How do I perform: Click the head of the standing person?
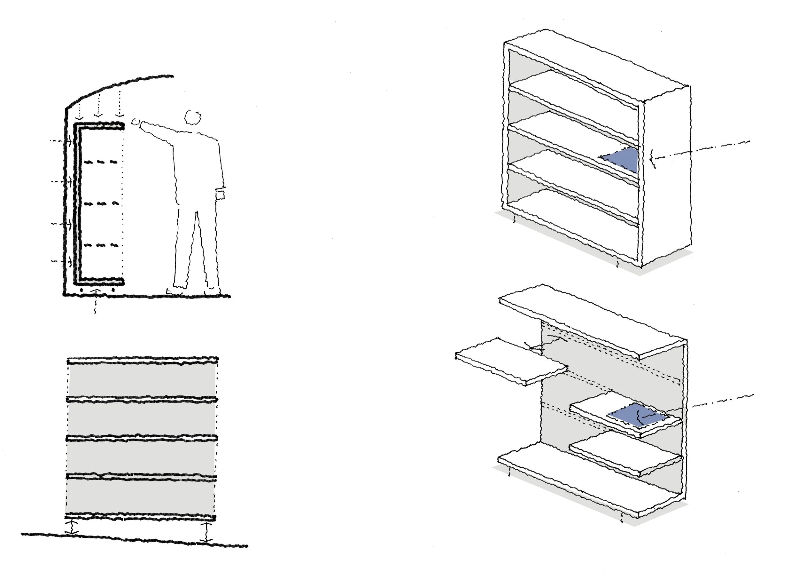pos(192,117)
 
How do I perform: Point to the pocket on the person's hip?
pos(220,195)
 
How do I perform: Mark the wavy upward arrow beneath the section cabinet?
pos(95,299)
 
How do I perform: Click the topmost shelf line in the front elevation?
pos(143,360)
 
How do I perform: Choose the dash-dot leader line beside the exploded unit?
pos(723,401)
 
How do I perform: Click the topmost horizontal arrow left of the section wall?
pos(62,141)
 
